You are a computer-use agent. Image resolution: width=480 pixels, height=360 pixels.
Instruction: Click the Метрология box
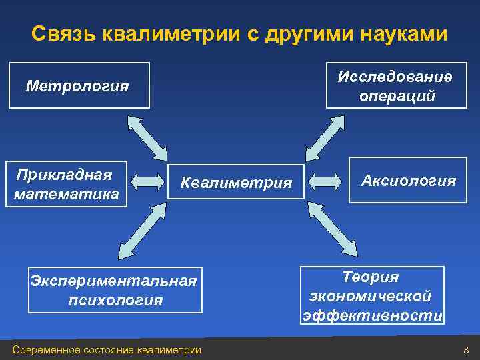pos(79,85)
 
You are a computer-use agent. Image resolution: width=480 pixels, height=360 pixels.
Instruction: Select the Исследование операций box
pos(396,86)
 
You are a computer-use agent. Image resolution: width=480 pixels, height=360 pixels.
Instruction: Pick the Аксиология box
pos(408,180)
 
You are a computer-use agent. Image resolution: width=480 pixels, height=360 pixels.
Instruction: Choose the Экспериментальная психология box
pos(115,290)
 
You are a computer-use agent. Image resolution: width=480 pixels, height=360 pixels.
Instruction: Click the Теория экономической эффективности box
pos(372,295)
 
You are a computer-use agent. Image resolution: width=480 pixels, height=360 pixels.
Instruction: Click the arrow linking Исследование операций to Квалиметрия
pos(327,137)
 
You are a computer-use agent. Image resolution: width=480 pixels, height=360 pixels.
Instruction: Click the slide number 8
pos(466,350)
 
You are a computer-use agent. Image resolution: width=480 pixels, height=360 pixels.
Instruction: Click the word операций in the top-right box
pos(397,96)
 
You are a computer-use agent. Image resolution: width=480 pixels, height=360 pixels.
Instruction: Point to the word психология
pos(115,300)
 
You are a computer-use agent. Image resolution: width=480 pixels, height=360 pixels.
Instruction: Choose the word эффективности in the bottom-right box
pos(372,315)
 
